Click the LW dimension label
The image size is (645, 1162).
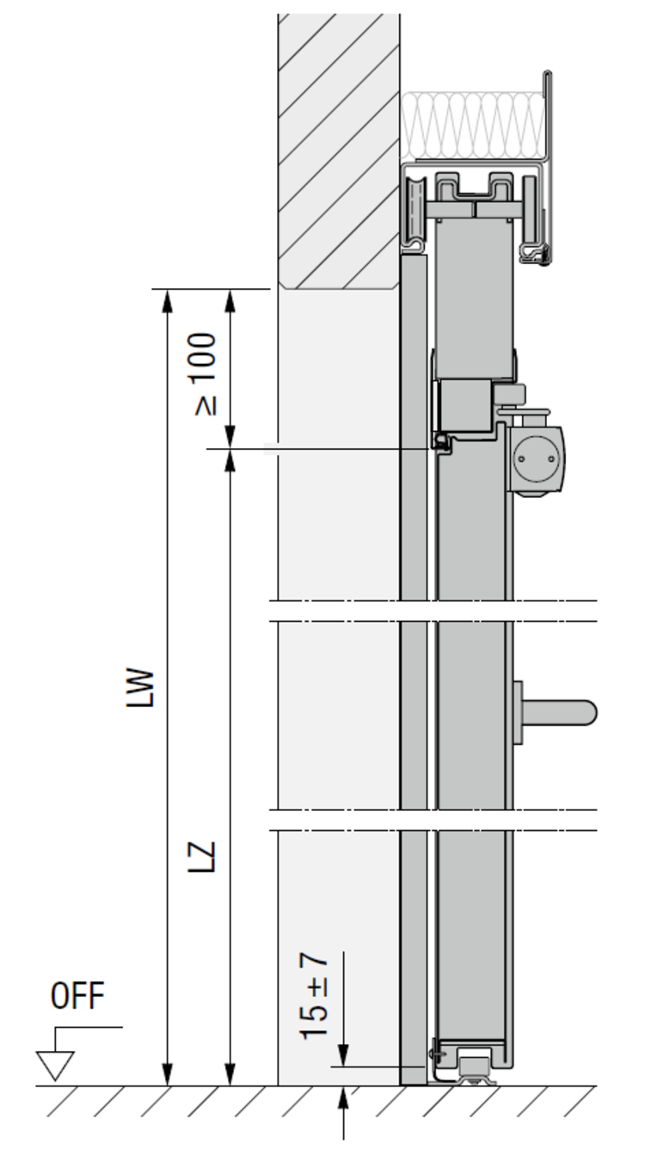coord(140,688)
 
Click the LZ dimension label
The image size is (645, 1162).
coord(200,857)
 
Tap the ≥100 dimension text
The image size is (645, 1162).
coord(203,374)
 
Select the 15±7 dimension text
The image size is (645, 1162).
coord(314,997)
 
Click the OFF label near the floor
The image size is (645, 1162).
coord(77,995)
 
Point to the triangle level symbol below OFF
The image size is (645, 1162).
coord(55,1065)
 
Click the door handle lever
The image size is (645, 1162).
coord(559,712)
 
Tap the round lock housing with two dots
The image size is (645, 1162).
coord(537,458)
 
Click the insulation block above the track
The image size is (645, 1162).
coord(473,125)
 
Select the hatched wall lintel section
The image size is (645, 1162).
coord(339,151)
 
